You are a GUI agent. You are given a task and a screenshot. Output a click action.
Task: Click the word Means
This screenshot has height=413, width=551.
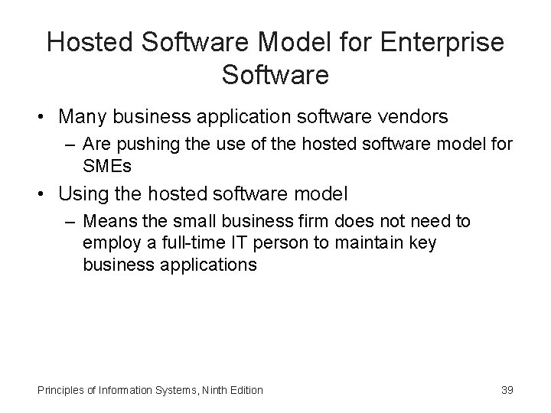pyautogui.click(x=107, y=221)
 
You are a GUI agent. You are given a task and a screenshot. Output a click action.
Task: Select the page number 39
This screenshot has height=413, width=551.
pyautogui.click(x=507, y=390)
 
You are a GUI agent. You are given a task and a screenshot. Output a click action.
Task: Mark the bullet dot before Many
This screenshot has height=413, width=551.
pyautogui.click(x=44, y=118)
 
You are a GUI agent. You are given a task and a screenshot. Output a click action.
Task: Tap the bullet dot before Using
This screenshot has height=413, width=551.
pyautogui.click(x=44, y=195)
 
